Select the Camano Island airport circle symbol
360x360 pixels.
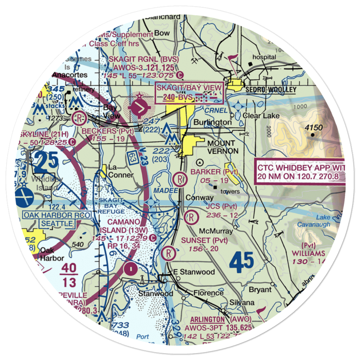click(x=130, y=268)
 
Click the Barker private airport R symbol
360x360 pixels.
click(x=179, y=178)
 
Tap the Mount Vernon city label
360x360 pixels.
click(x=222, y=147)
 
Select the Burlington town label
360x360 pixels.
click(x=212, y=122)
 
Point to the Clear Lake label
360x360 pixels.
click(x=258, y=116)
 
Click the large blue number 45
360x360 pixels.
click(x=242, y=262)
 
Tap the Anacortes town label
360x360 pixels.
click(x=69, y=75)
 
